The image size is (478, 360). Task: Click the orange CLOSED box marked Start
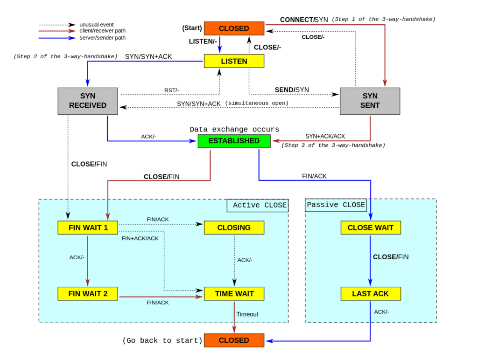click(234, 28)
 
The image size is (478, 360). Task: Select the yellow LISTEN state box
click(234, 61)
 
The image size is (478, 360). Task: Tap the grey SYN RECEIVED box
click(88, 101)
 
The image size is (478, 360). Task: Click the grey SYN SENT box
click(370, 101)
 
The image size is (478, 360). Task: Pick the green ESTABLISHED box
click(234, 141)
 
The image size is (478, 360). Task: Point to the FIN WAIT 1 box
click(88, 228)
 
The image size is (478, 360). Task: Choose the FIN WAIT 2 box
click(88, 294)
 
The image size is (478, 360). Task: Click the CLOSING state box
click(234, 228)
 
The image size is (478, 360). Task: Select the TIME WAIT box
click(234, 294)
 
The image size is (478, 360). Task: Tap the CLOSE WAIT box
click(370, 228)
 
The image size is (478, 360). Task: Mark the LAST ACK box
click(370, 294)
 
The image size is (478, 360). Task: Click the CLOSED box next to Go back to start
click(234, 340)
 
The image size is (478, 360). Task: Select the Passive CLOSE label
click(336, 205)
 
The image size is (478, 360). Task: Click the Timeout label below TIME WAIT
click(247, 314)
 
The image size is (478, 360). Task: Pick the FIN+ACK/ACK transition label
click(140, 238)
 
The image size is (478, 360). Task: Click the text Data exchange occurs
click(234, 129)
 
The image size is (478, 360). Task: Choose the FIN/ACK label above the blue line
click(315, 176)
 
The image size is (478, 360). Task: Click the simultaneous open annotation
click(257, 104)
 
